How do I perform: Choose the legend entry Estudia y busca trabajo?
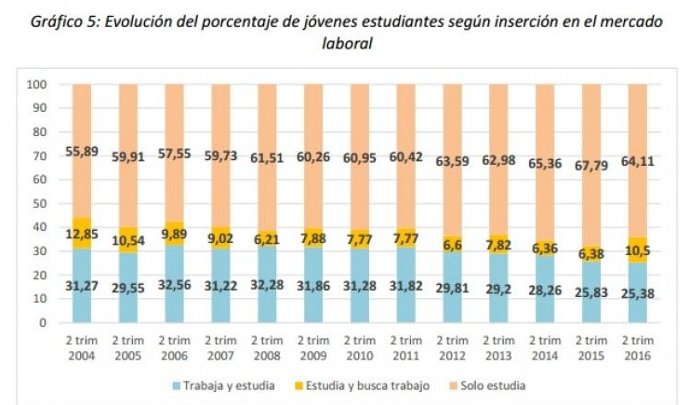click(375, 385)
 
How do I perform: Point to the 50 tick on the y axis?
click(40, 204)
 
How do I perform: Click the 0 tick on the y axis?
click(43, 323)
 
